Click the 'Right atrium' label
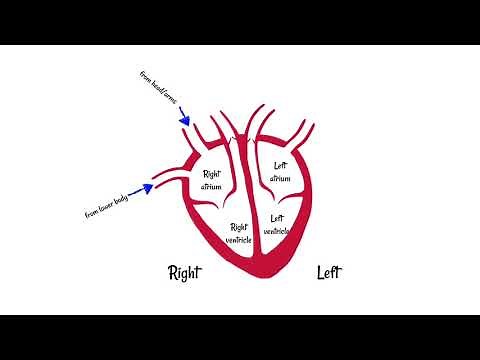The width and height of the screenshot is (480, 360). (x=211, y=180)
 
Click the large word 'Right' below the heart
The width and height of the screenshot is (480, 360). (x=187, y=272)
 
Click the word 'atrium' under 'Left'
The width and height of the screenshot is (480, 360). (x=279, y=178)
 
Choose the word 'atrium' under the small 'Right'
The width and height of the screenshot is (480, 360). (x=211, y=187)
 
